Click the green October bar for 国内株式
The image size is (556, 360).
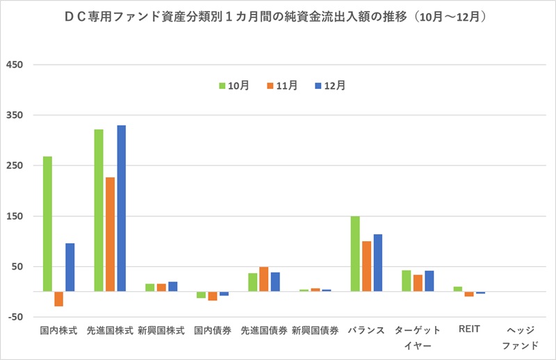click(47, 224)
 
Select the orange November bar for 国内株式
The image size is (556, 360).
click(59, 299)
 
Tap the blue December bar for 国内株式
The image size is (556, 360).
click(70, 267)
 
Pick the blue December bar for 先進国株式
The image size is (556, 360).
click(122, 208)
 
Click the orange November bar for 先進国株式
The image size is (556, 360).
click(111, 234)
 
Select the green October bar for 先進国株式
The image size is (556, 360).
click(99, 210)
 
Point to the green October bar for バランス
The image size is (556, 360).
click(355, 254)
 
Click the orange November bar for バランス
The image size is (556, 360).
click(366, 266)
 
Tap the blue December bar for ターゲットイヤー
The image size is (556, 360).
click(429, 281)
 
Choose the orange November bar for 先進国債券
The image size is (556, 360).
click(264, 279)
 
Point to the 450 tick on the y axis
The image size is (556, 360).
click(14, 65)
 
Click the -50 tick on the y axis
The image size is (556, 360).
click(14, 317)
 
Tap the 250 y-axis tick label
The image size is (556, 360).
click(14, 166)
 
